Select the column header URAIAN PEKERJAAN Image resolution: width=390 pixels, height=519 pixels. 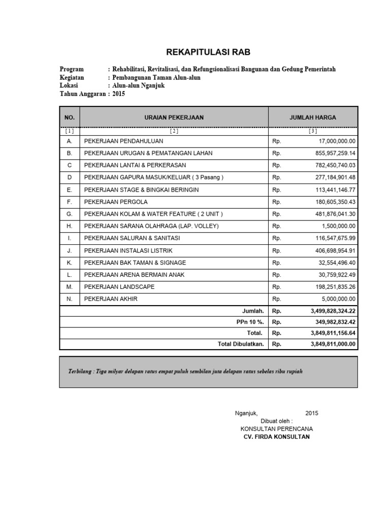(174, 117)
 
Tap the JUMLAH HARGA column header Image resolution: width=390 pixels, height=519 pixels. (312, 117)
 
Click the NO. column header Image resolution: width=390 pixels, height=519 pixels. (70, 117)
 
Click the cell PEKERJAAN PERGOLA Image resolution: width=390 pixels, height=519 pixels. (116, 202)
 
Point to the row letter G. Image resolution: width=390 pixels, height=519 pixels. (70, 214)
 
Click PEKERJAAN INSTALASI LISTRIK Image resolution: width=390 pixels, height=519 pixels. (128, 250)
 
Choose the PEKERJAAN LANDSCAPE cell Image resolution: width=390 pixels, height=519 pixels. (119, 287)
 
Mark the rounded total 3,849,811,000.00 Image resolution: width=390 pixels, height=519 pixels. (333, 344)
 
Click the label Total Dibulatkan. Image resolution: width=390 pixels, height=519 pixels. (241, 344)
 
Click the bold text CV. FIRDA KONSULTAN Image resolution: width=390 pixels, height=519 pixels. (276, 437)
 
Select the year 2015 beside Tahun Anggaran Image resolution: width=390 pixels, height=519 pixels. (118, 94)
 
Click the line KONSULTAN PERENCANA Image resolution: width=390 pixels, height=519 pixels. (276, 429)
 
